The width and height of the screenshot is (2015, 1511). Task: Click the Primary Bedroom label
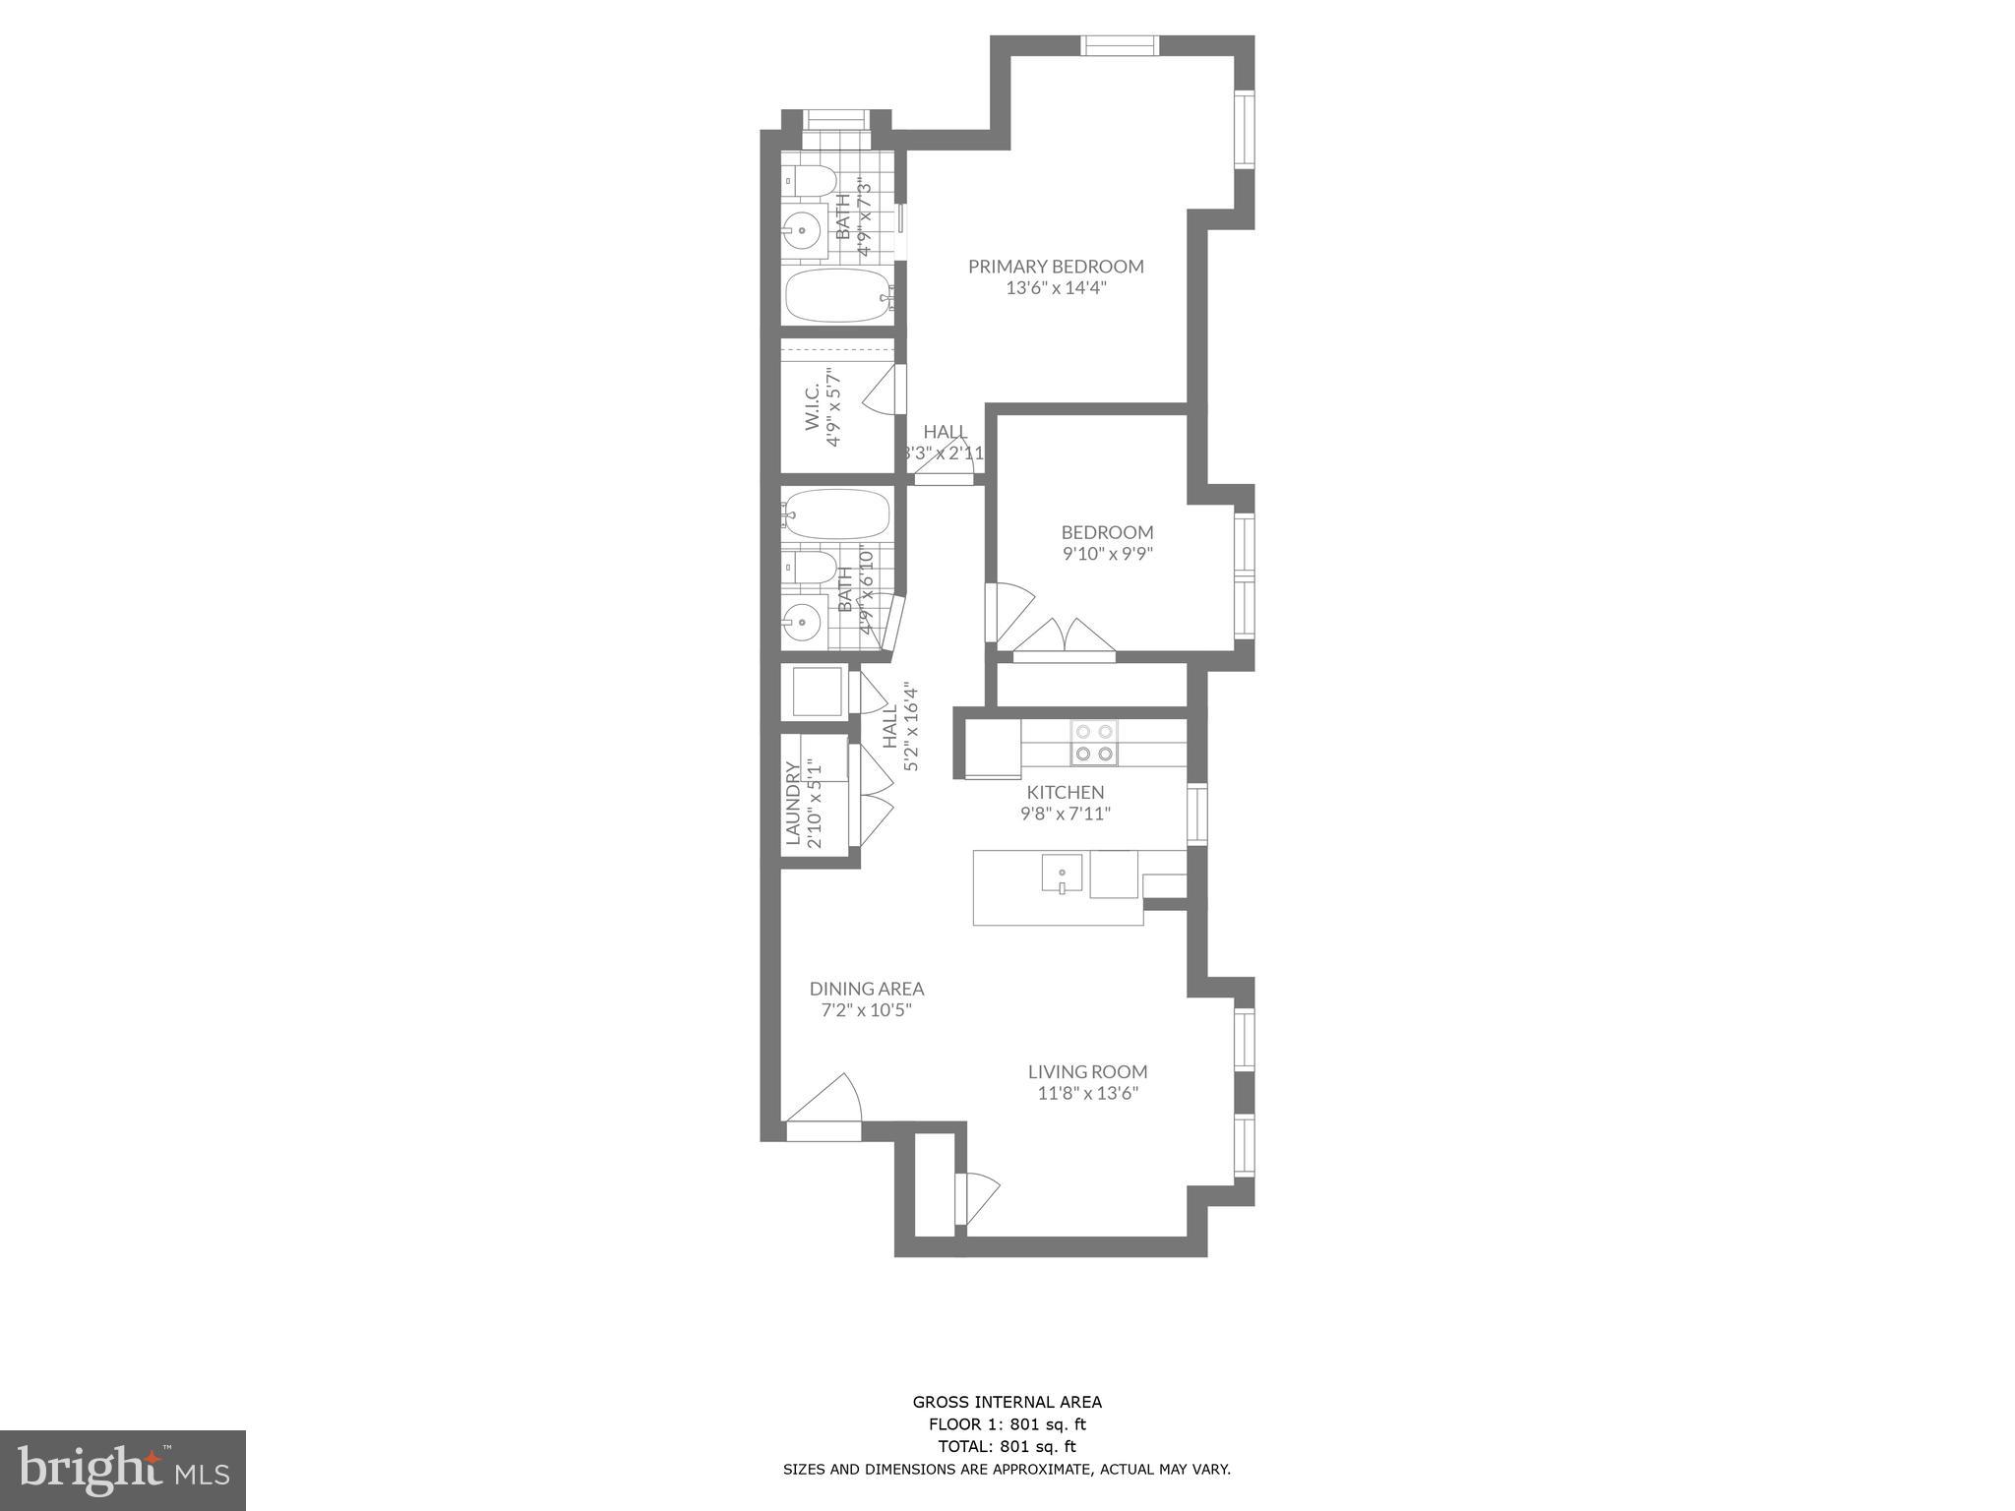coord(1056,267)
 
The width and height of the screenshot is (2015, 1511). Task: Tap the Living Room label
coord(1087,1071)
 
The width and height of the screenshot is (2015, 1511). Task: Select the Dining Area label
coord(867,989)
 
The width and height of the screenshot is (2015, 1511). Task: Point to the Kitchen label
coord(1066,792)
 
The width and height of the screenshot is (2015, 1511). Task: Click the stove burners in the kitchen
coord(1095,743)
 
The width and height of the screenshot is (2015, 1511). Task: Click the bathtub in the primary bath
coord(839,296)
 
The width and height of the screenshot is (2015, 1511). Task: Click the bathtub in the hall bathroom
coord(838,514)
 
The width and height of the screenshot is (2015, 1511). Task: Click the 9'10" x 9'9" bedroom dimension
coord(1107,554)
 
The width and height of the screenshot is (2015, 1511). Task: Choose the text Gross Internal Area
coord(1007,1403)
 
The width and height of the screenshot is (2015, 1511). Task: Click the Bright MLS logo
coord(123,1470)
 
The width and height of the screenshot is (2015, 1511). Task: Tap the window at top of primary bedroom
coord(1121,45)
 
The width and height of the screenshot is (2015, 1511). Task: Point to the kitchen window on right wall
coord(1197,814)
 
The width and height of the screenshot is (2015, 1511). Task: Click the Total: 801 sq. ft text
coord(1007,1446)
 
